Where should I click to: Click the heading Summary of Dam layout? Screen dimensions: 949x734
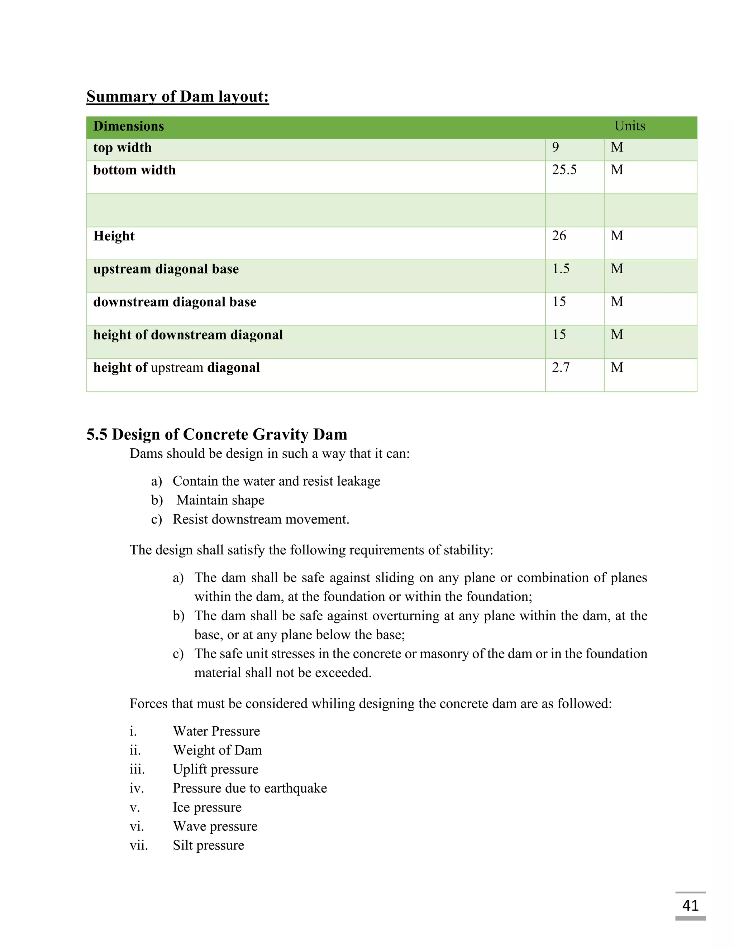click(x=177, y=96)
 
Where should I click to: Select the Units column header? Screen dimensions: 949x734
click(x=629, y=126)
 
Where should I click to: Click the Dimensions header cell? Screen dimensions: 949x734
click(x=129, y=126)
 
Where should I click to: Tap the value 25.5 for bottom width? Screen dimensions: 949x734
click(x=564, y=170)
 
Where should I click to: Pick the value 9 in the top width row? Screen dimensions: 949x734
click(x=555, y=147)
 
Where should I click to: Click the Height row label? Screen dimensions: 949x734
click(x=114, y=236)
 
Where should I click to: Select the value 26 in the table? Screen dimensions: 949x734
click(x=559, y=236)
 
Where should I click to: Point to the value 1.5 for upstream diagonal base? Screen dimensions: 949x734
click(x=561, y=269)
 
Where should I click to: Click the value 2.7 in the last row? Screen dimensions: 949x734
click(x=561, y=368)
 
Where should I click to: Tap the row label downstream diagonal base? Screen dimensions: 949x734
click(x=175, y=302)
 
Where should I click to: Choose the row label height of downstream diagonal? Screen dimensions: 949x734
click(x=188, y=335)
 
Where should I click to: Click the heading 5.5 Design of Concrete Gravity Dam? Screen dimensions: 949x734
click(x=216, y=434)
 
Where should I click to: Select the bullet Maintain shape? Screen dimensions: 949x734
click(x=220, y=500)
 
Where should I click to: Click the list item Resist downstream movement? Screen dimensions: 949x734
click(x=261, y=519)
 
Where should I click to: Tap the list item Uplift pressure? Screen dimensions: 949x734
click(x=215, y=769)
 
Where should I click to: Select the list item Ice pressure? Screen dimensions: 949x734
click(x=207, y=807)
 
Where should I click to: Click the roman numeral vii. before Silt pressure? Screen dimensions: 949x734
click(x=139, y=846)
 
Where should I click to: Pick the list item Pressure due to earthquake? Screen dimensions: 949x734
click(x=249, y=788)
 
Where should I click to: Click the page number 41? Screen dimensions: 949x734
click(x=690, y=906)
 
